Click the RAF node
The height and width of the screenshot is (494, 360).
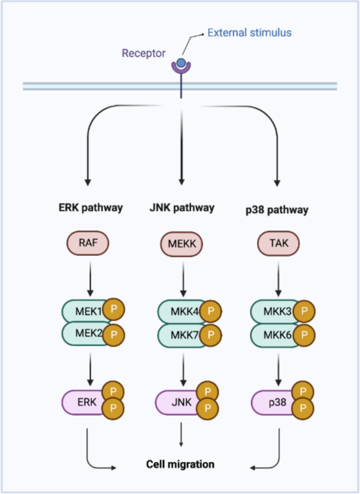coord(89,243)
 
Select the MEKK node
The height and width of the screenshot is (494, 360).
coord(181,244)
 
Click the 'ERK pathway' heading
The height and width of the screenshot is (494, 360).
coord(90,208)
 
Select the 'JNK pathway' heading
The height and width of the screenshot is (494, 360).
coord(182,208)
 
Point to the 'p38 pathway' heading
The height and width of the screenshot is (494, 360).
coord(276,209)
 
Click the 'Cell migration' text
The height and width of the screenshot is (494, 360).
coord(180,464)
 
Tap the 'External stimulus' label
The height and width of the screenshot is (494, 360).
coord(249,33)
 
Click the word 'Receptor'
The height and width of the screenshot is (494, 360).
coord(143,53)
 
